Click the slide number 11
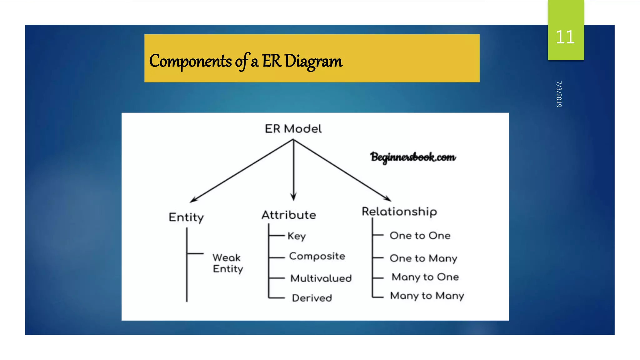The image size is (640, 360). [x=565, y=37]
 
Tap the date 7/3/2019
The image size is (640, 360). [x=559, y=94]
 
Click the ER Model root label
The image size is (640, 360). [x=293, y=129]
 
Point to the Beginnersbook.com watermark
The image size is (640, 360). [x=413, y=157]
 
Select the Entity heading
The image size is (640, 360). [x=186, y=217]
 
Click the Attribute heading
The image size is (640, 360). [x=289, y=215]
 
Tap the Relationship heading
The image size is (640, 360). [x=399, y=212]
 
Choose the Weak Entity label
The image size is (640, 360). [x=227, y=263]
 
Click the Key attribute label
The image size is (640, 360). [x=297, y=236]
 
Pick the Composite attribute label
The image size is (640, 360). [x=317, y=256]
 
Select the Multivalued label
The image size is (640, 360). [x=321, y=278]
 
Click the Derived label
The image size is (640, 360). [x=312, y=298]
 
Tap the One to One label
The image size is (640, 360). [x=420, y=236]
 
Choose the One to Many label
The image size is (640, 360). [x=423, y=258]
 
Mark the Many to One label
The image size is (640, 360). [x=425, y=277]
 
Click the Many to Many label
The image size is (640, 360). [x=427, y=296]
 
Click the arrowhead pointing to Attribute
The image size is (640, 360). [x=293, y=197]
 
